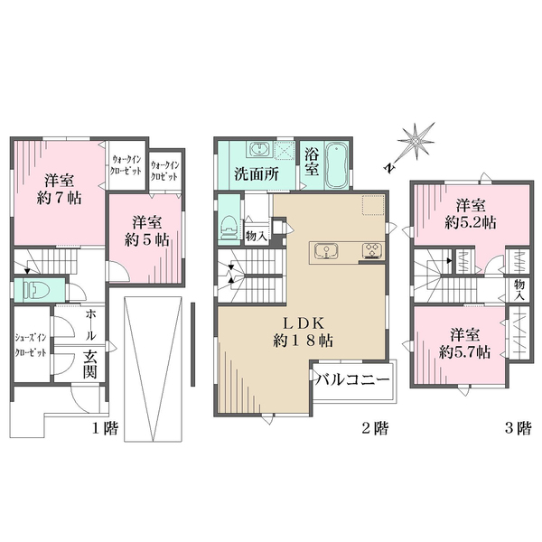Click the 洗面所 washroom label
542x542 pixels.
[257, 174]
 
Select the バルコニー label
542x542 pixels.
[353, 379]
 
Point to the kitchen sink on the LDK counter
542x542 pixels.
[326, 250]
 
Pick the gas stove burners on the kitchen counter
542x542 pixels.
[372, 250]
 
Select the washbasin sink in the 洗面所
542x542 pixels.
[259, 150]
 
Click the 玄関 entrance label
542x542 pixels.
[89, 365]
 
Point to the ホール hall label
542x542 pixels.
[90, 324]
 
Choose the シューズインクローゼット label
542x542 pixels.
[31, 344]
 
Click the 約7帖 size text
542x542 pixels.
[59, 199]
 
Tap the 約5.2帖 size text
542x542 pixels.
[471, 223]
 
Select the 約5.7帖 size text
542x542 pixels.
[464, 352]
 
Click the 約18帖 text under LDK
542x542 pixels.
[304, 341]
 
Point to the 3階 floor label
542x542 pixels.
[518, 428]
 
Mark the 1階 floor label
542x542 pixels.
[105, 428]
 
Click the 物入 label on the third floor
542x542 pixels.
[519, 290]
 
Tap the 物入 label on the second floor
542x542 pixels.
[257, 236]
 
